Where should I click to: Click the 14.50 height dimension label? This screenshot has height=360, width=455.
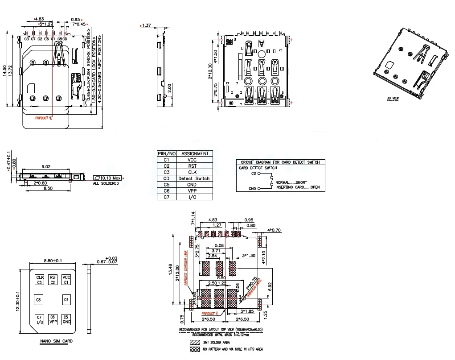[4, 71]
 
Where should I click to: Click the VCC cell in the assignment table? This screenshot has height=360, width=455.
[192, 160]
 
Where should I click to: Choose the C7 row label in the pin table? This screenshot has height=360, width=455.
[167, 197]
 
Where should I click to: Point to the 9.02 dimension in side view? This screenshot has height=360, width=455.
[46, 166]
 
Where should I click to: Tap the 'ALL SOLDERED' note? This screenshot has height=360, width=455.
[106, 184]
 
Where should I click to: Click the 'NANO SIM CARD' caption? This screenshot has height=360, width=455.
[56, 341]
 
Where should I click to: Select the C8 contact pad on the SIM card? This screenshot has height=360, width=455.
[39, 300]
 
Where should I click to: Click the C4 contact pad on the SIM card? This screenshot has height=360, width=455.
[66, 300]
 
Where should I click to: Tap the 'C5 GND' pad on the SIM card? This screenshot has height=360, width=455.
[66, 319]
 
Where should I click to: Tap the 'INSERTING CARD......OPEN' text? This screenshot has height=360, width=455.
[297, 187]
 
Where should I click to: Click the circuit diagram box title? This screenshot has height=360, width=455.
[280, 162]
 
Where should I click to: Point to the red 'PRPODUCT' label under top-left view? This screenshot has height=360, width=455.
[43, 119]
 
